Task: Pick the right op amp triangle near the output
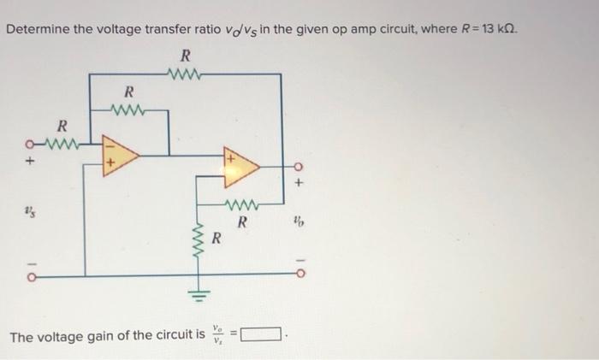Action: tap(240, 166)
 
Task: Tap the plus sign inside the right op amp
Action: tap(230, 157)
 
